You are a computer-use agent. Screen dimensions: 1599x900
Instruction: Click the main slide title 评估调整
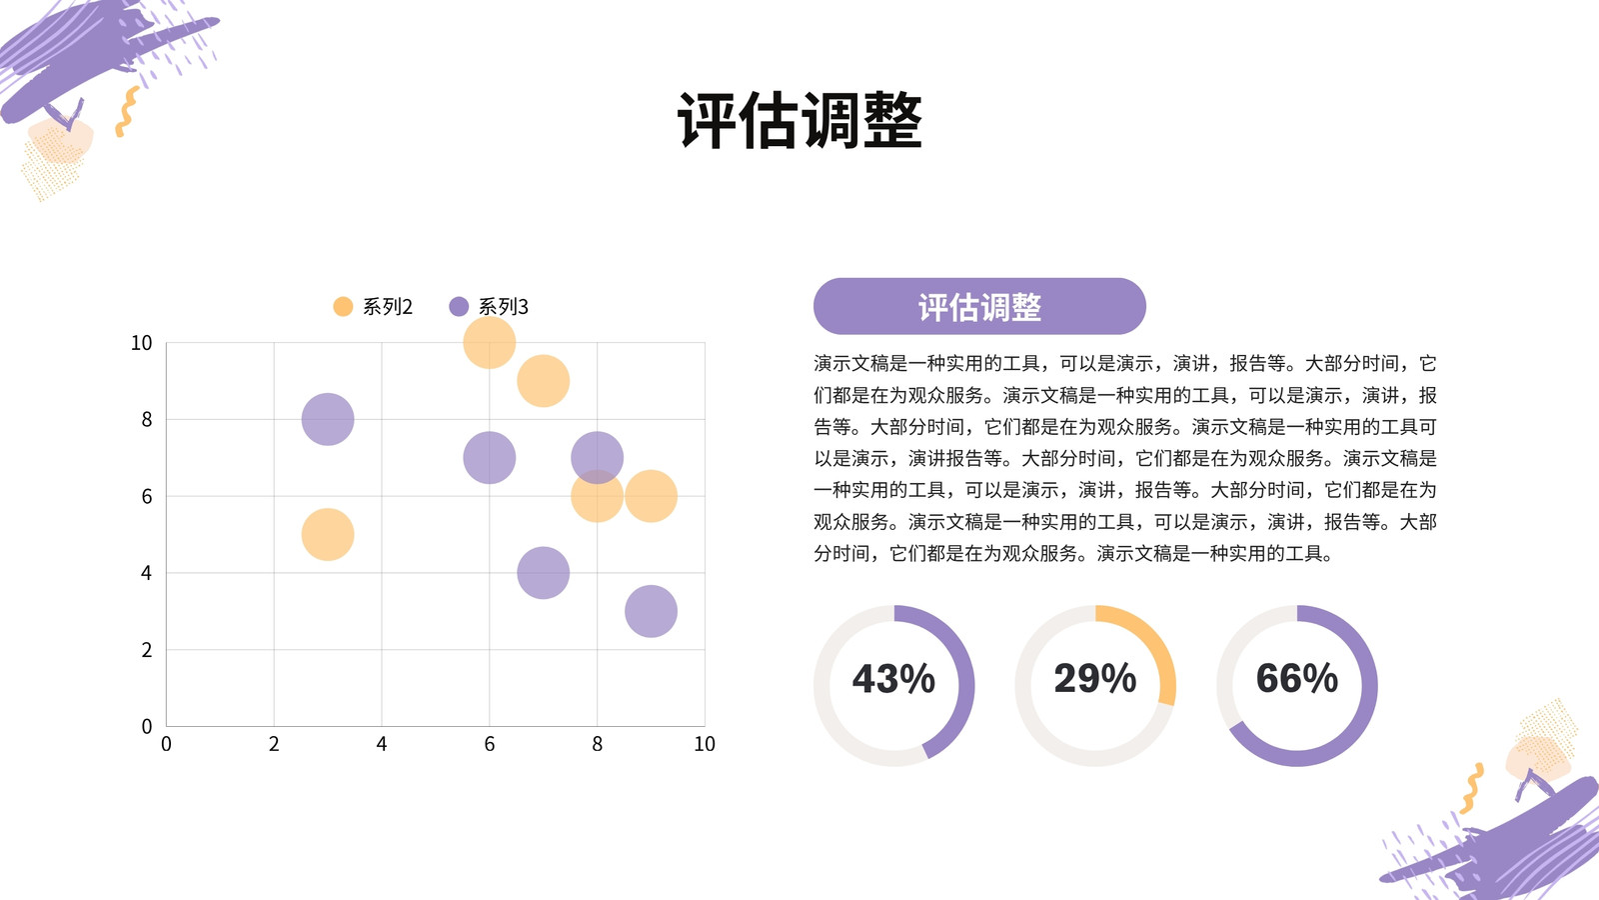point(799,120)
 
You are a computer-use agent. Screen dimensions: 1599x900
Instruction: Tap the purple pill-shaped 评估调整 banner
point(979,306)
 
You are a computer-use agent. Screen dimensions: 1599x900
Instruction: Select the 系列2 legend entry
point(374,306)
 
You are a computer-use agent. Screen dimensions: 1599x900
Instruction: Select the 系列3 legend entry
point(489,306)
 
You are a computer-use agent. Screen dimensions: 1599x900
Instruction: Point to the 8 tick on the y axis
point(146,419)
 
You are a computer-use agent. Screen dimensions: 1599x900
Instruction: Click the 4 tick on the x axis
point(381,744)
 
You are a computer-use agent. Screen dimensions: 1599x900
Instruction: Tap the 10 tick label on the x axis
point(705,744)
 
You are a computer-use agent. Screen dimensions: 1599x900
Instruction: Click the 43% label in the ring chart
point(893,678)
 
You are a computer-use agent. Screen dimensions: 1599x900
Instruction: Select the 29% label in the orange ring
point(1095,678)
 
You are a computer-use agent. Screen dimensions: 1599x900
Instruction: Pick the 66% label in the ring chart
point(1297,678)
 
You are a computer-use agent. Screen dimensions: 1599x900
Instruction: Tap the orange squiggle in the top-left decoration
point(127,111)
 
